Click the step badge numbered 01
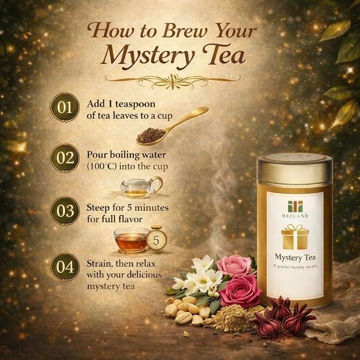pyautogui.click(x=65, y=107)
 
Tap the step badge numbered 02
pyautogui.click(x=65, y=158)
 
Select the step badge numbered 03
pyautogui.click(x=65, y=211)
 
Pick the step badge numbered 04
pyautogui.click(x=65, y=267)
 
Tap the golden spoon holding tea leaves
pyautogui.click(x=172, y=126)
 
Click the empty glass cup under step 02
pyautogui.click(x=141, y=187)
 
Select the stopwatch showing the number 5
pyautogui.click(x=156, y=239)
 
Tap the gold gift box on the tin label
pyautogui.click(x=295, y=236)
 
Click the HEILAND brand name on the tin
pyautogui.click(x=295, y=216)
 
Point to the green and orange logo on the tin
pyautogui.click(x=295, y=206)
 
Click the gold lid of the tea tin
pyautogui.click(x=295, y=169)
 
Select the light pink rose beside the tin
pyautogui.click(x=234, y=265)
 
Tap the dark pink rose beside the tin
pyautogui.click(x=240, y=291)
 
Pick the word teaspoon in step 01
pyautogui.click(x=135, y=104)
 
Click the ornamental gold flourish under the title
pyautogui.click(x=173, y=81)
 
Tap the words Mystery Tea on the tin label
pyautogui.click(x=295, y=258)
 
